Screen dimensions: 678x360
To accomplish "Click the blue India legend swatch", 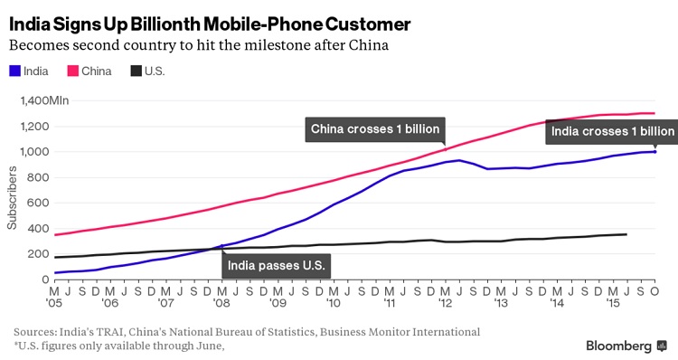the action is point(14,71).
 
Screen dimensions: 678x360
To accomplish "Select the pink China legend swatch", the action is point(72,71).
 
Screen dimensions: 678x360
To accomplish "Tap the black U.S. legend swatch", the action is point(137,71).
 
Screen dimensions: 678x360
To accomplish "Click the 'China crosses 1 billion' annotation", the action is point(375,129).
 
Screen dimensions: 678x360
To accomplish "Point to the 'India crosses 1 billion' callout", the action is point(612,131).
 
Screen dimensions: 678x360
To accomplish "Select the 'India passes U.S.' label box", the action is point(277,265).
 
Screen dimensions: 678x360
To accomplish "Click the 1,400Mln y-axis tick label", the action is point(44,100).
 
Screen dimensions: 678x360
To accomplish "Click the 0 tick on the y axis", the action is point(45,279).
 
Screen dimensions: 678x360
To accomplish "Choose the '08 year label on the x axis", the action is point(221,303).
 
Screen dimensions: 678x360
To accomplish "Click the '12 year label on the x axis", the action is point(445,303).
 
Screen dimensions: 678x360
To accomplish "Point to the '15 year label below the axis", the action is point(613,303).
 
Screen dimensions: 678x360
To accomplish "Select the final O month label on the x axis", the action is point(654,291).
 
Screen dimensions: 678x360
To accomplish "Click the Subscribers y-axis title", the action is point(12,198).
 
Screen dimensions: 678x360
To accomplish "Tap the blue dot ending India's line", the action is point(655,151).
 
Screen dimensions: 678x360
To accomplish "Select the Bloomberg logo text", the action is point(618,346).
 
